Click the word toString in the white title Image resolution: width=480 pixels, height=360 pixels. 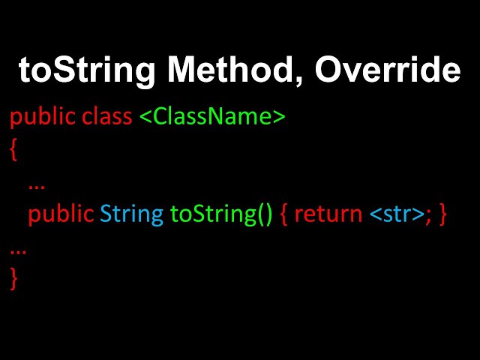click(x=86, y=70)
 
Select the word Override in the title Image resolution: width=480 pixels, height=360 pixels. click(x=387, y=70)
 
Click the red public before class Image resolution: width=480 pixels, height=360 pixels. click(x=43, y=118)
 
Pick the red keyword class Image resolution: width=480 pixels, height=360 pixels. click(x=107, y=117)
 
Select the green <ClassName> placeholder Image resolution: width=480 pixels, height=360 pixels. click(x=212, y=117)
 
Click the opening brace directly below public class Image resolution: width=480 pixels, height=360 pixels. click(x=13, y=150)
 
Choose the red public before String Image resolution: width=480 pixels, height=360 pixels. click(x=61, y=214)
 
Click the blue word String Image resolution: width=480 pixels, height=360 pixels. click(x=131, y=214)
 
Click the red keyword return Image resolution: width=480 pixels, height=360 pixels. click(x=328, y=214)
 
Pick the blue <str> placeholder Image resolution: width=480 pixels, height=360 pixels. click(x=397, y=214)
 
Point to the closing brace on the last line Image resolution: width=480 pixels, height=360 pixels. click(x=13, y=278)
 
